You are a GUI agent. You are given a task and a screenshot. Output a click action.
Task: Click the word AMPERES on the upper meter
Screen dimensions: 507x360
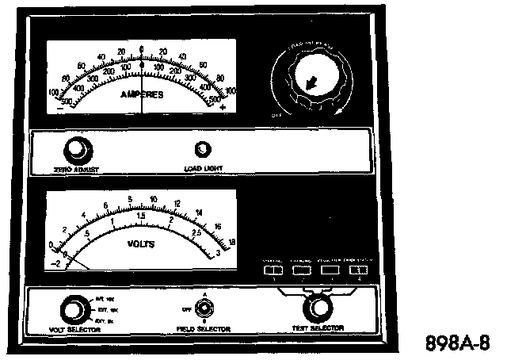pyautogui.click(x=142, y=94)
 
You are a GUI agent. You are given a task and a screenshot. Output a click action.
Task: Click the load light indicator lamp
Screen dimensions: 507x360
pyautogui.click(x=204, y=149)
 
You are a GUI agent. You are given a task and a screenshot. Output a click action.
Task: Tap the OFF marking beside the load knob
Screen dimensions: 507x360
pyautogui.click(x=276, y=114)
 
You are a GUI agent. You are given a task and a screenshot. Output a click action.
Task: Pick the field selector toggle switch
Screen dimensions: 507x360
pyautogui.click(x=204, y=305)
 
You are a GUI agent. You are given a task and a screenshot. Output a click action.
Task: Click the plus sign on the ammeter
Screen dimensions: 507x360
pyautogui.click(x=223, y=106)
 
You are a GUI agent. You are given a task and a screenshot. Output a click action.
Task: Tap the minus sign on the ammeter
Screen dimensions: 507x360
pyautogui.click(x=61, y=106)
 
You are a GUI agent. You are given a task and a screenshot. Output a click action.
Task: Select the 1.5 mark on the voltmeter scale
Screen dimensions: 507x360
pyautogui.click(x=141, y=216)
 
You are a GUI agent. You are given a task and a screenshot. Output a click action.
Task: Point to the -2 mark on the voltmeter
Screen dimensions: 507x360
pyautogui.click(x=53, y=262)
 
